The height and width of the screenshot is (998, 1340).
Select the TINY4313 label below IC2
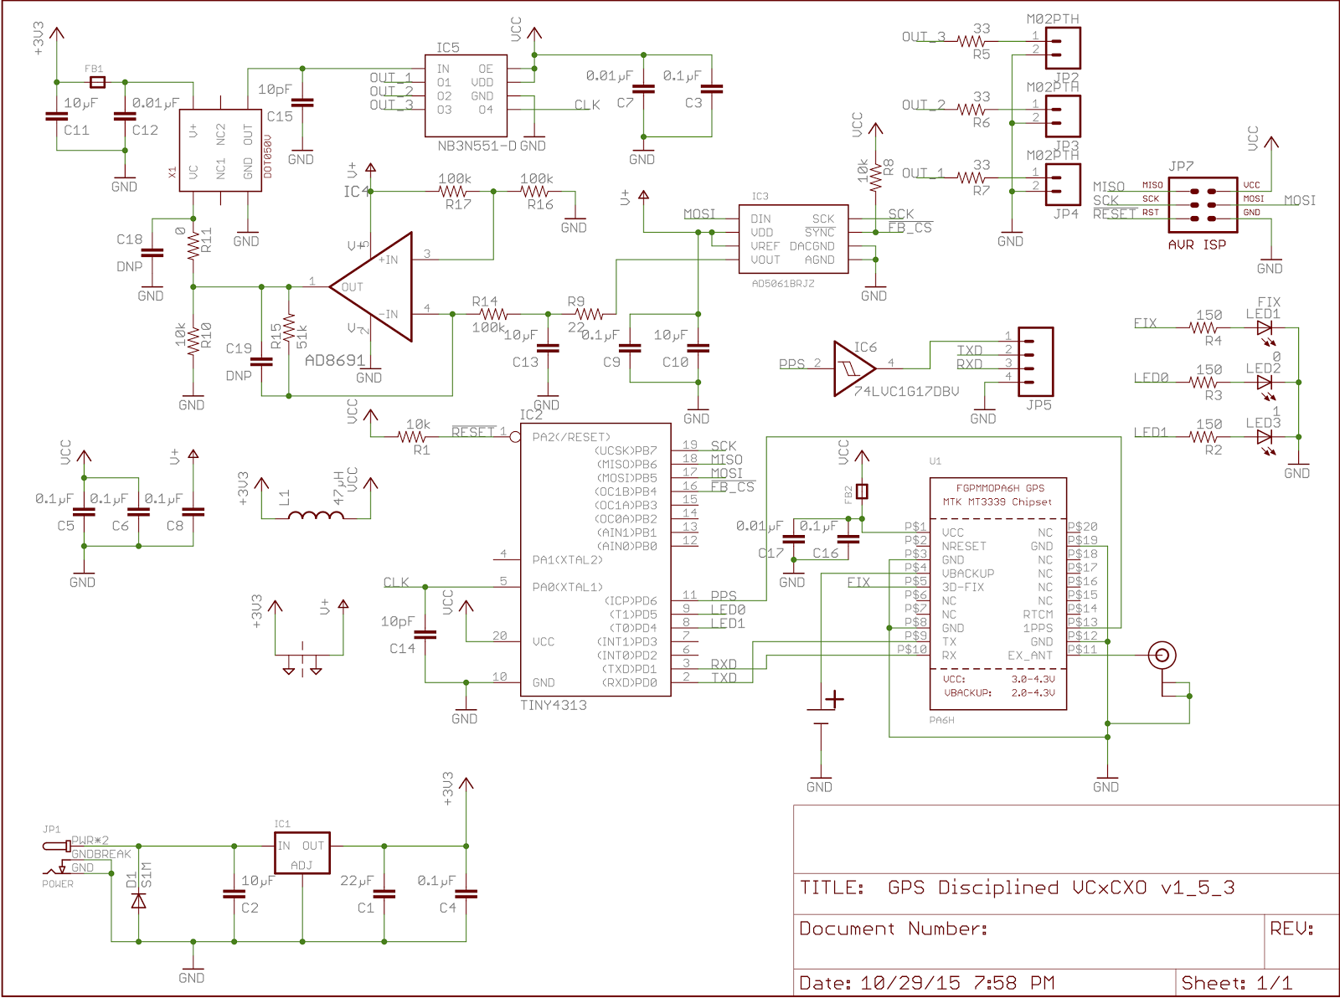(x=553, y=705)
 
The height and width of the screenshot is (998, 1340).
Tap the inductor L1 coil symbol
(x=316, y=516)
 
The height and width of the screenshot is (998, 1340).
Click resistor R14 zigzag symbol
(x=489, y=314)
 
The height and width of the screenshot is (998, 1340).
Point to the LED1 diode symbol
(x=1265, y=328)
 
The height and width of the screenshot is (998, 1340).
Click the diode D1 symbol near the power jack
(x=139, y=901)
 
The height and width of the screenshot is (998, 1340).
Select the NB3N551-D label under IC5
(x=477, y=146)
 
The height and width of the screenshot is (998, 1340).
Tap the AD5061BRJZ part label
(x=782, y=284)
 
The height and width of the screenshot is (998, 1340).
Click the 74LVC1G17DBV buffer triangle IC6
(x=852, y=368)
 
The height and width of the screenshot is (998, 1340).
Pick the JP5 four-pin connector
(x=1035, y=361)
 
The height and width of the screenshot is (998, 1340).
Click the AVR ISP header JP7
(x=1203, y=204)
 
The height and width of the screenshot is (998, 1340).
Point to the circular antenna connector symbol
(x=1162, y=655)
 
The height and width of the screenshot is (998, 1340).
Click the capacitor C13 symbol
(x=547, y=347)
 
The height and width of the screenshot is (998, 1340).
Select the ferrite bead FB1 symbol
(x=97, y=82)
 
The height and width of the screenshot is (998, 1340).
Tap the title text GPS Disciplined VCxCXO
(x=1060, y=887)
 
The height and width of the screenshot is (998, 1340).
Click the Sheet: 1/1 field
(x=1236, y=983)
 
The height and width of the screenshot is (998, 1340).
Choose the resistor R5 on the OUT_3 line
(x=971, y=41)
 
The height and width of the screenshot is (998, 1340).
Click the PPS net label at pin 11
(x=723, y=596)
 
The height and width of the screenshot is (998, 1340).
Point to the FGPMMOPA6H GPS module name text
(x=1000, y=487)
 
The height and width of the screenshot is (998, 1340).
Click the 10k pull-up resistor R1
(x=412, y=436)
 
